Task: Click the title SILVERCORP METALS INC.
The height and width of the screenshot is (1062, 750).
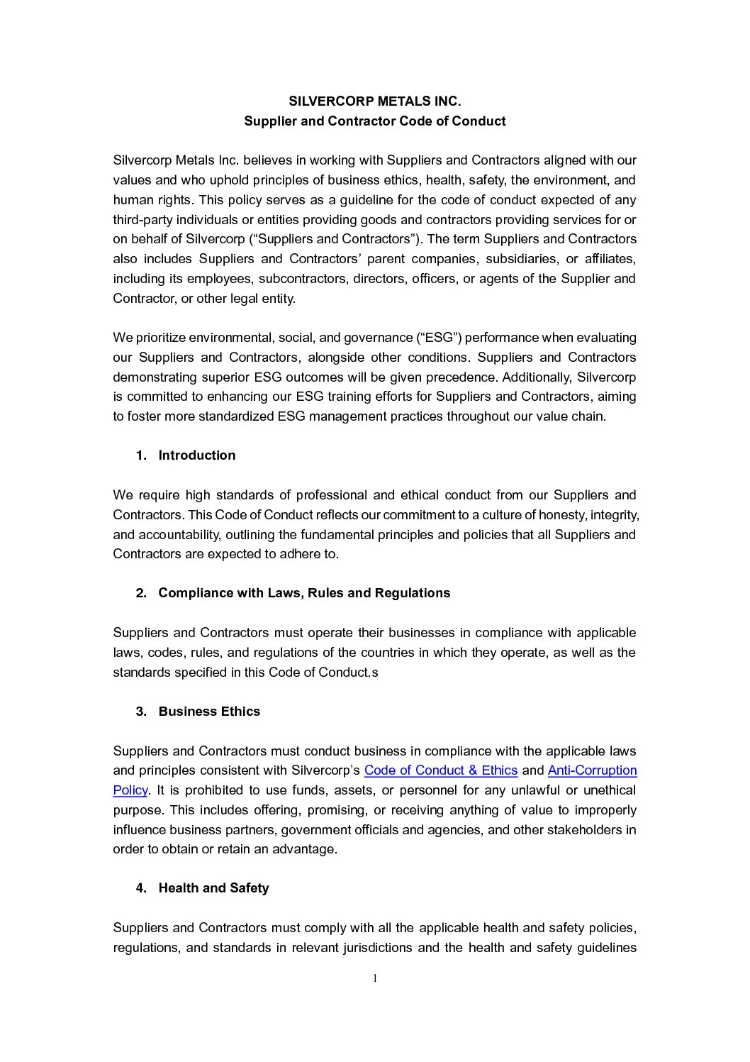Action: [x=374, y=101]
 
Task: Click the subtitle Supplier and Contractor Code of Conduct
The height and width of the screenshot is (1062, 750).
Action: [x=374, y=121]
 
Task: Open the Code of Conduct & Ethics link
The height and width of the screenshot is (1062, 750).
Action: [x=440, y=770]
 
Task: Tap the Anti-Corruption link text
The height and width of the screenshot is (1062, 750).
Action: [x=592, y=770]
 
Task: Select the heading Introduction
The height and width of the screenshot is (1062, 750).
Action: [x=196, y=455]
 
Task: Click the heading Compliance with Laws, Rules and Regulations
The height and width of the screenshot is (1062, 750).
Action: [x=304, y=593]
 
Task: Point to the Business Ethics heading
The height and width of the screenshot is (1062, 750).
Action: [x=209, y=712]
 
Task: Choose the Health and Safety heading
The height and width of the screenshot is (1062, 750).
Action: [x=213, y=888]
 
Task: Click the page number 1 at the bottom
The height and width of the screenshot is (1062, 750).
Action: [x=375, y=979]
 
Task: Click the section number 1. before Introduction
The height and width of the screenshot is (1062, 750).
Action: [x=141, y=455]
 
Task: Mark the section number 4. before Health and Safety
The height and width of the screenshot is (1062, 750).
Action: [x=141, y=888]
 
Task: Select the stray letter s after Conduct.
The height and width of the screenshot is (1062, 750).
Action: [x=375, y=673]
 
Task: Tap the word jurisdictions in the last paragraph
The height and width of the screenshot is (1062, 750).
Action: [x=372, y=948]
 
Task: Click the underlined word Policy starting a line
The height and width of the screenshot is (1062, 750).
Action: [x=130, y=790]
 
